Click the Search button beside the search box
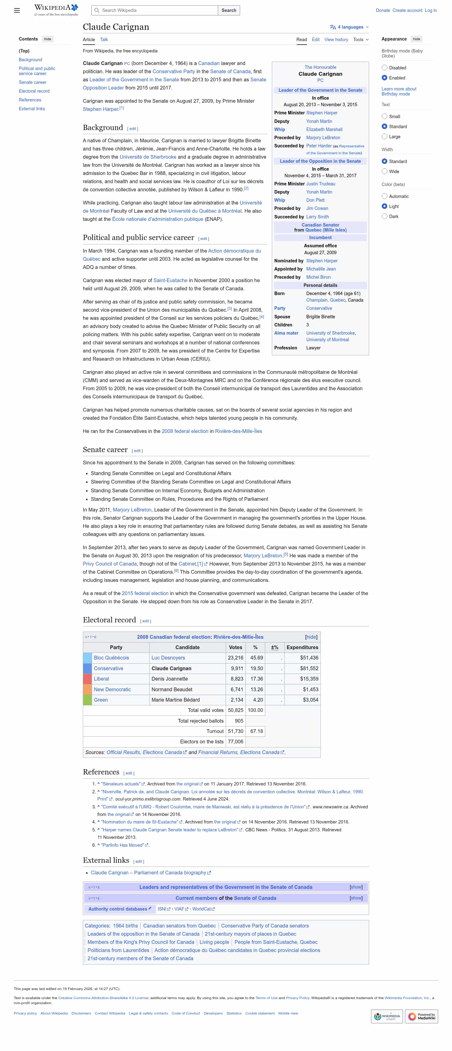(229, 10)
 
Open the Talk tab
(104, 40)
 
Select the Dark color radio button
(384, 216)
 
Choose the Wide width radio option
(384, 171)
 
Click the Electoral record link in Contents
(34, 91)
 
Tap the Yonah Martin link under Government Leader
(319, 121)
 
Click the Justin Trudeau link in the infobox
(321, 183)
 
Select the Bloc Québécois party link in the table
(111, 658)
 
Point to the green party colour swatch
(87, 700)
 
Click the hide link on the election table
(311, 637)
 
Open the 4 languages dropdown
(349, 27)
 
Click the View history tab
(336, 40)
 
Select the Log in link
(430, 10)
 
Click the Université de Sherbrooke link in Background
(148, 157)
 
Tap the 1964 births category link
(125, 926)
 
